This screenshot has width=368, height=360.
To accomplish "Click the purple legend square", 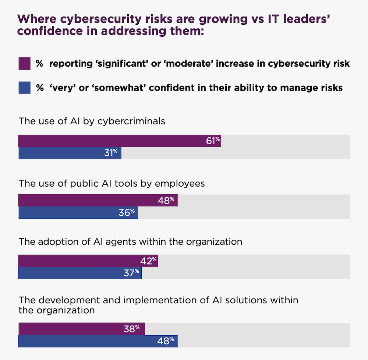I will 24,63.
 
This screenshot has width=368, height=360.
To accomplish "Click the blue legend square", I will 24,88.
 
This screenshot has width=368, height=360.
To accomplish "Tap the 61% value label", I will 213,141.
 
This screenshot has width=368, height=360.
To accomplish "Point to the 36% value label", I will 128,212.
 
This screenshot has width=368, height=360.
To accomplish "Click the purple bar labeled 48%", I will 98,200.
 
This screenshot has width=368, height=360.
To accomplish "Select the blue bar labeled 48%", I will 98,341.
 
